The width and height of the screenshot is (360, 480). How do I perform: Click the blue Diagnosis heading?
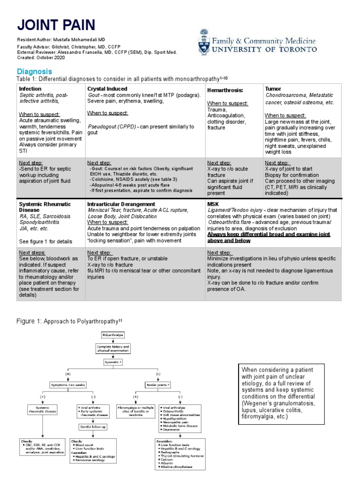pos(34,71)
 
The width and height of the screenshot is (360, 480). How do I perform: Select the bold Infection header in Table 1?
pos(30,88)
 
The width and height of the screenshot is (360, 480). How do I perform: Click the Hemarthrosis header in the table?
pos(226,90)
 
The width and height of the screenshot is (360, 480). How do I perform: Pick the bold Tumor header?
pos(273,88)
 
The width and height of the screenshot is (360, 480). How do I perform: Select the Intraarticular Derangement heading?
pos(121,204)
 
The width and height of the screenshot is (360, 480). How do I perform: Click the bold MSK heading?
pos(213,204)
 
